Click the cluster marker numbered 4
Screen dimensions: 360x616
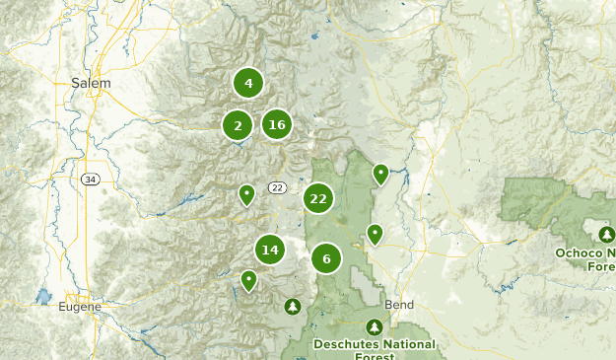(x=248, y=84)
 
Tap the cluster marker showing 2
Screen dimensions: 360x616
(x=238, y=125)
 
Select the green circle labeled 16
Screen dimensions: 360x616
(x=277, y=124)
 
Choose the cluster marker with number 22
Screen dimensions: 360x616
(x=317, y=198)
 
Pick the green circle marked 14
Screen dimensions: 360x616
(x=270, y=250)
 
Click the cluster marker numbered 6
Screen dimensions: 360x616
(x=326, y=259)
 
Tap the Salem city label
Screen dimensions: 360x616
(x=91, y=84)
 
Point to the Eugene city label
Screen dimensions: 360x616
(x=80, y=307)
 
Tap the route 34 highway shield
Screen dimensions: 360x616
(x=90, y=180)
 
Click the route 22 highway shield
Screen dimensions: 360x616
(x=276, y=187)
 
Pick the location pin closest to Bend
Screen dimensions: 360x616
(x=375, y=234)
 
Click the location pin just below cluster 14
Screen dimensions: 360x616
(x=249, y=281)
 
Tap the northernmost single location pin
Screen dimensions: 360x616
(x=380, y=174)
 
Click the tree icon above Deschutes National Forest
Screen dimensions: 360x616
(x=374, y=327)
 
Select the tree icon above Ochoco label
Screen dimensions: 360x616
(x=606, y=234)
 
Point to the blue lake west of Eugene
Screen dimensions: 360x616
(x=42, y=296)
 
